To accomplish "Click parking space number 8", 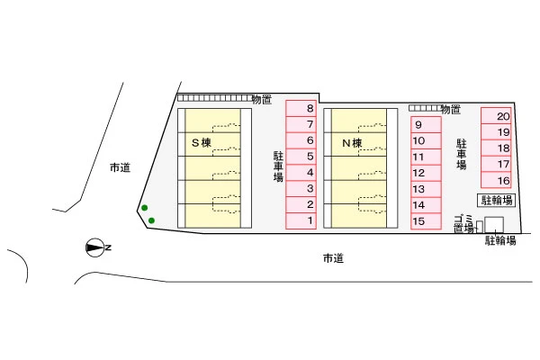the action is click(301, 108).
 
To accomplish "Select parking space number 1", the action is click(301, 220).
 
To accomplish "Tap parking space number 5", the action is click(301, 157).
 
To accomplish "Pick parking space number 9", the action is click(426, 124).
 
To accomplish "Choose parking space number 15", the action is click(426, 221).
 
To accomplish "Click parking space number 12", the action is click(426, 173).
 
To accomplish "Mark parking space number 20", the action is click(496, 116).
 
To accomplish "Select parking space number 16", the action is click(496, 180).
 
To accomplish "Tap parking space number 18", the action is click(496, 148).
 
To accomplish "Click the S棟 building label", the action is click(201, 142).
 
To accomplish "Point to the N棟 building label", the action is click(352, 142).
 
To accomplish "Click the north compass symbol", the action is click(94, 247).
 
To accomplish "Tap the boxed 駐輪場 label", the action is click(496, 200).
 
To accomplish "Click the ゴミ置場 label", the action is click(463, 224).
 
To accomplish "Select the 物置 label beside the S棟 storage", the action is click(262, 100).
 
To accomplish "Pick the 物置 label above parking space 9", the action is click(451, 110).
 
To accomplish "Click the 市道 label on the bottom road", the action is click(333, 258).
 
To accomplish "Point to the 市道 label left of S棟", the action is click(121, 167).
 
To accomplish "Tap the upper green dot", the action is click(145, 208).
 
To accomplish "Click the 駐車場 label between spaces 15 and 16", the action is click(462, 154).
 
